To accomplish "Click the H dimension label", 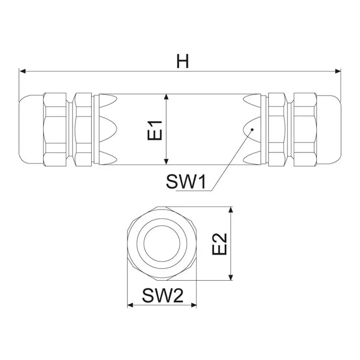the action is [183, 61].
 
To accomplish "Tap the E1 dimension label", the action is [155, 130].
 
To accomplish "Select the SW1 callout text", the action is [186, 181].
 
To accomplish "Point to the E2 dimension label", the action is [220, 244].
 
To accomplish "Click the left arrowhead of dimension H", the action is [22, 72].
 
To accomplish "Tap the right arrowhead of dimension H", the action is [338, 72].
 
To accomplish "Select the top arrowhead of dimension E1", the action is [166, 97].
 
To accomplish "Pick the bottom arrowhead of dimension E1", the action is [166, 162].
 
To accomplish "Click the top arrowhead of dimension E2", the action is [231, 210].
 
